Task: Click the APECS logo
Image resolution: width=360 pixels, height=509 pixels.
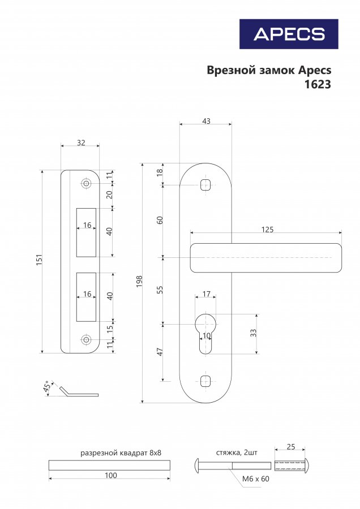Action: click(289, 34)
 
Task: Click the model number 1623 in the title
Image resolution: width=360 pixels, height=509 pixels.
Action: click(318, 84)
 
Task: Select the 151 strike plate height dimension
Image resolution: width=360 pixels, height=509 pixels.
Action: click(39, 260)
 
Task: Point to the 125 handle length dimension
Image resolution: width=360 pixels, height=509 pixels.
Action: click(267, 230)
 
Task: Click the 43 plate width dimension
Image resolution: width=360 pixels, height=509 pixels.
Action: click(206, 121)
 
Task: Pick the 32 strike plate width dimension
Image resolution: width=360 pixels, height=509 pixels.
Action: click(81, 143)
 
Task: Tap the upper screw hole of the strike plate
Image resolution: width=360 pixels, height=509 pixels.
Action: click(86, 183)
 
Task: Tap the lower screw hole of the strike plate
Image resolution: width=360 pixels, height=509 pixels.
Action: click(86, 339)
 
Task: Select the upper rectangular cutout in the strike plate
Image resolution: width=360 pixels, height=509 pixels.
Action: click(86, 232)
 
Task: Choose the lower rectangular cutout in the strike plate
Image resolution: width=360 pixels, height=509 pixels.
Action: click(86, 297)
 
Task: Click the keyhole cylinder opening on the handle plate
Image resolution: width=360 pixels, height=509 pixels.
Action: click(205, 333)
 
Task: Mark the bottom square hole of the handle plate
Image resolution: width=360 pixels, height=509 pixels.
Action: click(205, 381)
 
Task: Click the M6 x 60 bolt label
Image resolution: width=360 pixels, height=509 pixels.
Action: click(256, 479)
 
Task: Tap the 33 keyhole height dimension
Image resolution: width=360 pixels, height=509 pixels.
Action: click(254, 333)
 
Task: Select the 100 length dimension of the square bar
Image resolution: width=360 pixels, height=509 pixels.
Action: click(111, 475)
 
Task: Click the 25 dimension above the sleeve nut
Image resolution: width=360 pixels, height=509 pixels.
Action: click(291, 447)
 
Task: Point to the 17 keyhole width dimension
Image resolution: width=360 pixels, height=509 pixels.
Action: click(206, 294)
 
